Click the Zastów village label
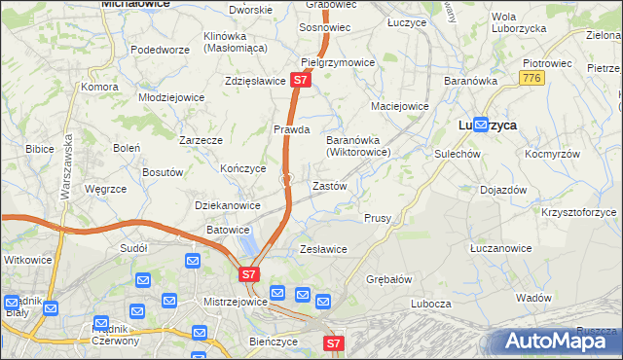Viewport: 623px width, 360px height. (328, 185)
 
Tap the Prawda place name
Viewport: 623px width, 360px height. (291, 129)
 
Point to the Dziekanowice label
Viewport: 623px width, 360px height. (228, 205)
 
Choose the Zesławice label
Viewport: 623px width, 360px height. (323, 249)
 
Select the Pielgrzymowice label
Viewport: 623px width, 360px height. (338, 62)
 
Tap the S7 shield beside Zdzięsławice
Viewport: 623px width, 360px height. (301, 82)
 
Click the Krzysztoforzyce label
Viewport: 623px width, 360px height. (580, 211)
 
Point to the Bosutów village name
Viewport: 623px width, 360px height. (163, 172)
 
